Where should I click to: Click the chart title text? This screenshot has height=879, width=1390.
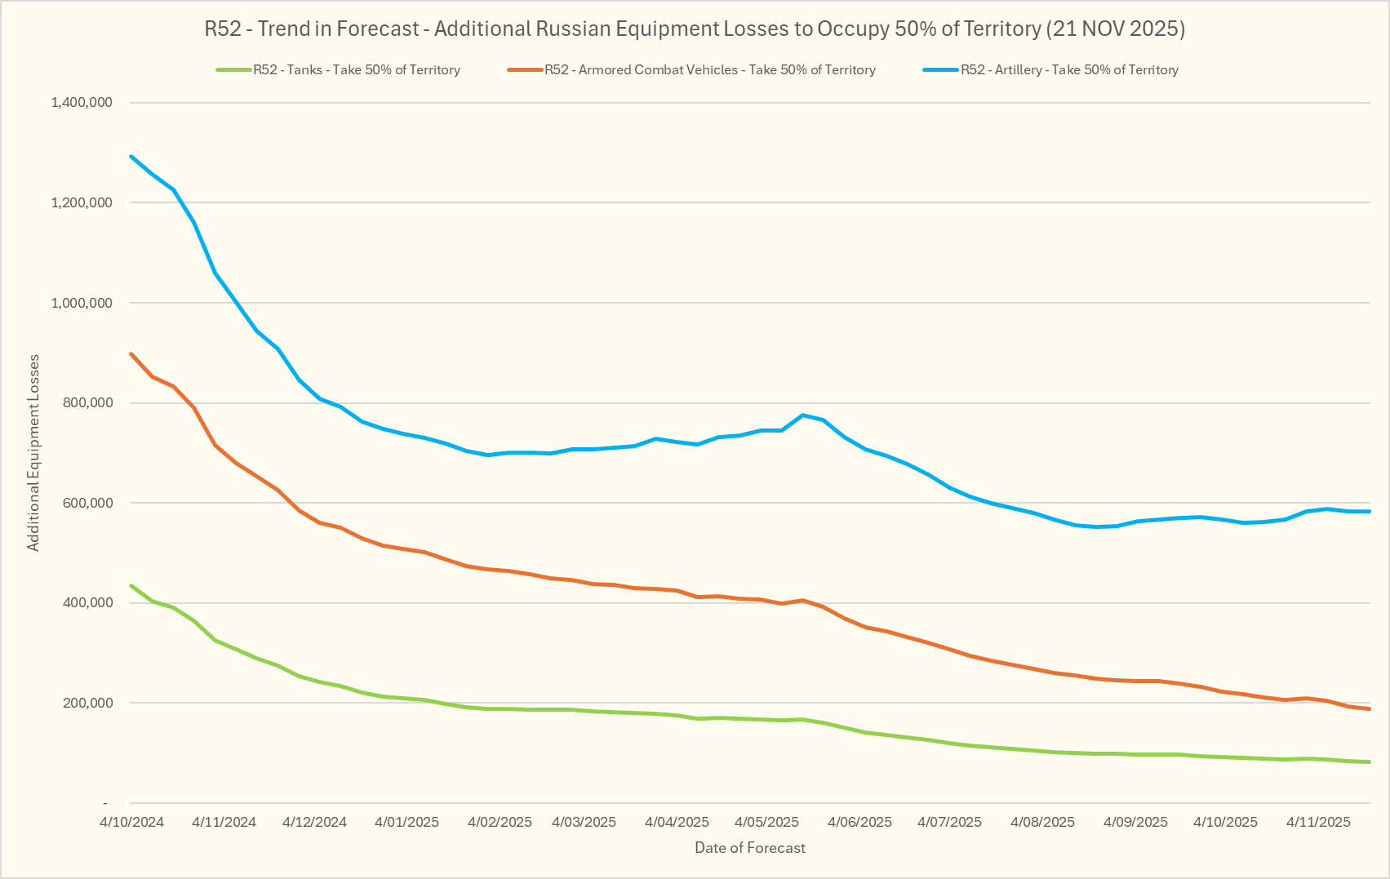(x=695, y=29)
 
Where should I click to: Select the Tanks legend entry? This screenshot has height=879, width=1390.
(x=356, y=70)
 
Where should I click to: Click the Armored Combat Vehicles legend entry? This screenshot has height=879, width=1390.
(x=709, y=70)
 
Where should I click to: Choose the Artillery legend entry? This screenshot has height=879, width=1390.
(x=1068, y=70)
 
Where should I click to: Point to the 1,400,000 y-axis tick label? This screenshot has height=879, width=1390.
(x=82, y=103)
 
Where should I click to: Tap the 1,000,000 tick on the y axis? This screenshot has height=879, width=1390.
(x=82, y=303)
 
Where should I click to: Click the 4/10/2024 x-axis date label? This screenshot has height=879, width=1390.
(x=132, y=822)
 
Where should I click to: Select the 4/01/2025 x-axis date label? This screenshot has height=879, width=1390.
(x=406, y=822)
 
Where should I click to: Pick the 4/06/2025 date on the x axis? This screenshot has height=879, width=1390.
(x=859, y=822)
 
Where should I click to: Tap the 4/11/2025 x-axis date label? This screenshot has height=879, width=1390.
(x=1318, y=822)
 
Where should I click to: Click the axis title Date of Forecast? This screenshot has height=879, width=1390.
(x=749, y=848)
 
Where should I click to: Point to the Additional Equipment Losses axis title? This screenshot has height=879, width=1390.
(x=33, y=453)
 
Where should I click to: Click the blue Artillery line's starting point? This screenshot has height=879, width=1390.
(x=131, y=156)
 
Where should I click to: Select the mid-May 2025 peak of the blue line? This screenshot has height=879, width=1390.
(x=803, y=415)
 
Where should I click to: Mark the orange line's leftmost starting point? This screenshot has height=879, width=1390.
(x=131, y=354)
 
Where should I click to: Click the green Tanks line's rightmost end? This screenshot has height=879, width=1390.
(x=1369, y=762)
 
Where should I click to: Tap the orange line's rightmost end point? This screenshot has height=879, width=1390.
(x=1369, y=709)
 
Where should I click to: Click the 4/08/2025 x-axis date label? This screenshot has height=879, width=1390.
(x=1042, y=822)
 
